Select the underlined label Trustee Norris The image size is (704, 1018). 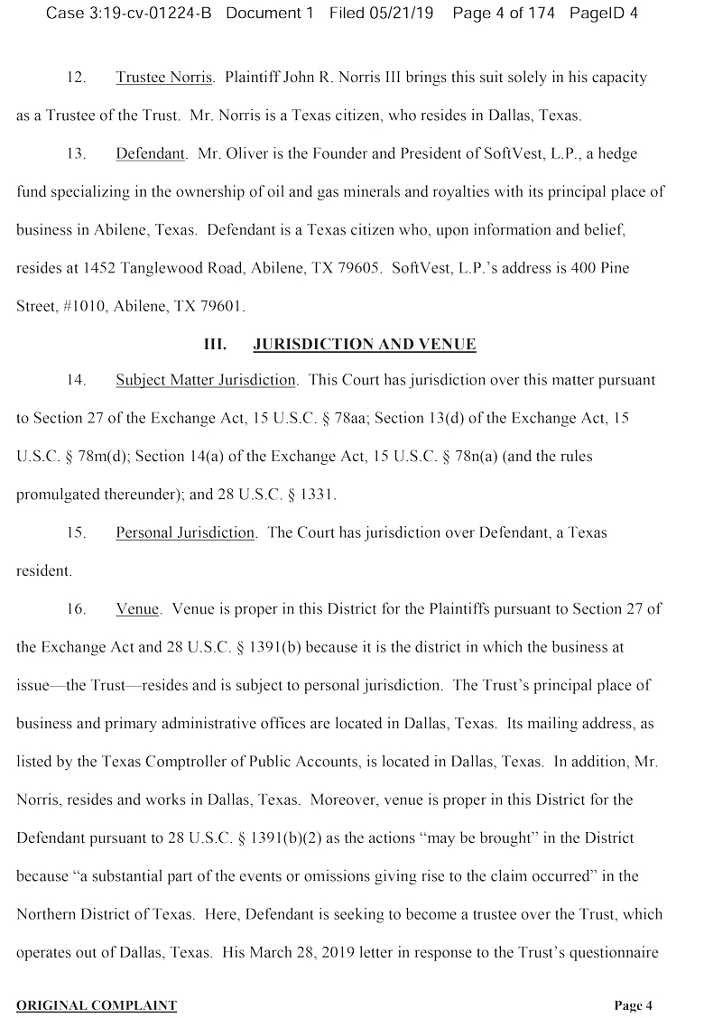coord(164,78)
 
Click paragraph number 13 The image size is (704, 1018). coord(76,153)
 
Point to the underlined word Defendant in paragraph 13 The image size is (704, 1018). coord(150,153)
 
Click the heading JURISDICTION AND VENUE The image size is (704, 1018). coord(365,345)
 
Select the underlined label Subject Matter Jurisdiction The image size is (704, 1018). coord(206,381)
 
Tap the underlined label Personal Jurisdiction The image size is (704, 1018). coord(185,532)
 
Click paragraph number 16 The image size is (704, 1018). coord(76,609)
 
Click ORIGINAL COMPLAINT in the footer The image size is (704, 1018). coord(97,1005)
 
